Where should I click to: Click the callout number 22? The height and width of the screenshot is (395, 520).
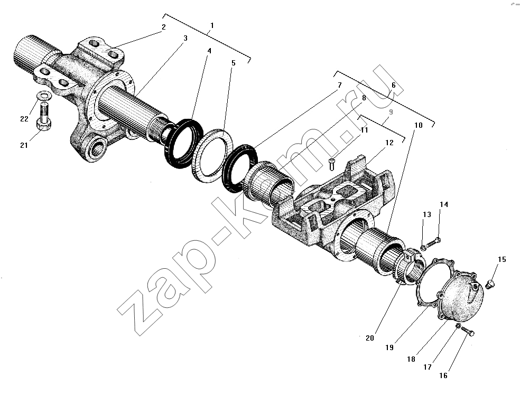click(24, 119)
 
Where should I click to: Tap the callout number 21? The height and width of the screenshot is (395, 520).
click(24, 145)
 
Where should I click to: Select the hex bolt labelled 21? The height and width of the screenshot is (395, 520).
click(44, 117)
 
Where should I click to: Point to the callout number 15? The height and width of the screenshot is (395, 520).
click(502, 259)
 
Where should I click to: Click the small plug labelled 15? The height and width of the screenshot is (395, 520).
click(489, 284)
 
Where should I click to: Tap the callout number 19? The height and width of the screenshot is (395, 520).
click(389, 347)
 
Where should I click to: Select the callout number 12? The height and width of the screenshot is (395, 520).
click(389, 143)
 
